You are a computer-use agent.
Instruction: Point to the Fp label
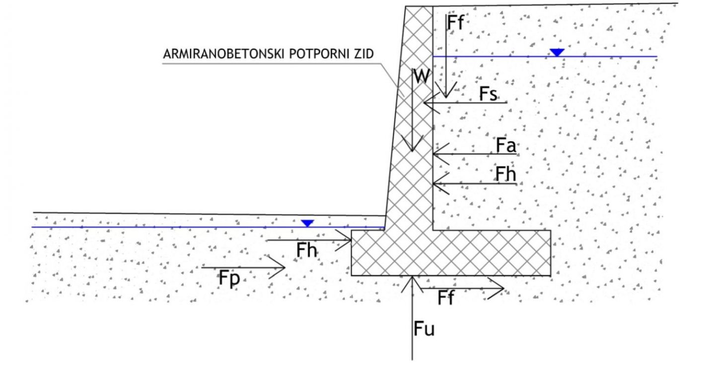229,278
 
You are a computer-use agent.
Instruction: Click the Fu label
424,329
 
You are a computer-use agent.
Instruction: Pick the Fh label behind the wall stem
505,174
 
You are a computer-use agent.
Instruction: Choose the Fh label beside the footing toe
307,250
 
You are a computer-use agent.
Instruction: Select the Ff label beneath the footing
446,298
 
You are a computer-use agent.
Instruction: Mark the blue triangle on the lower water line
308,224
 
